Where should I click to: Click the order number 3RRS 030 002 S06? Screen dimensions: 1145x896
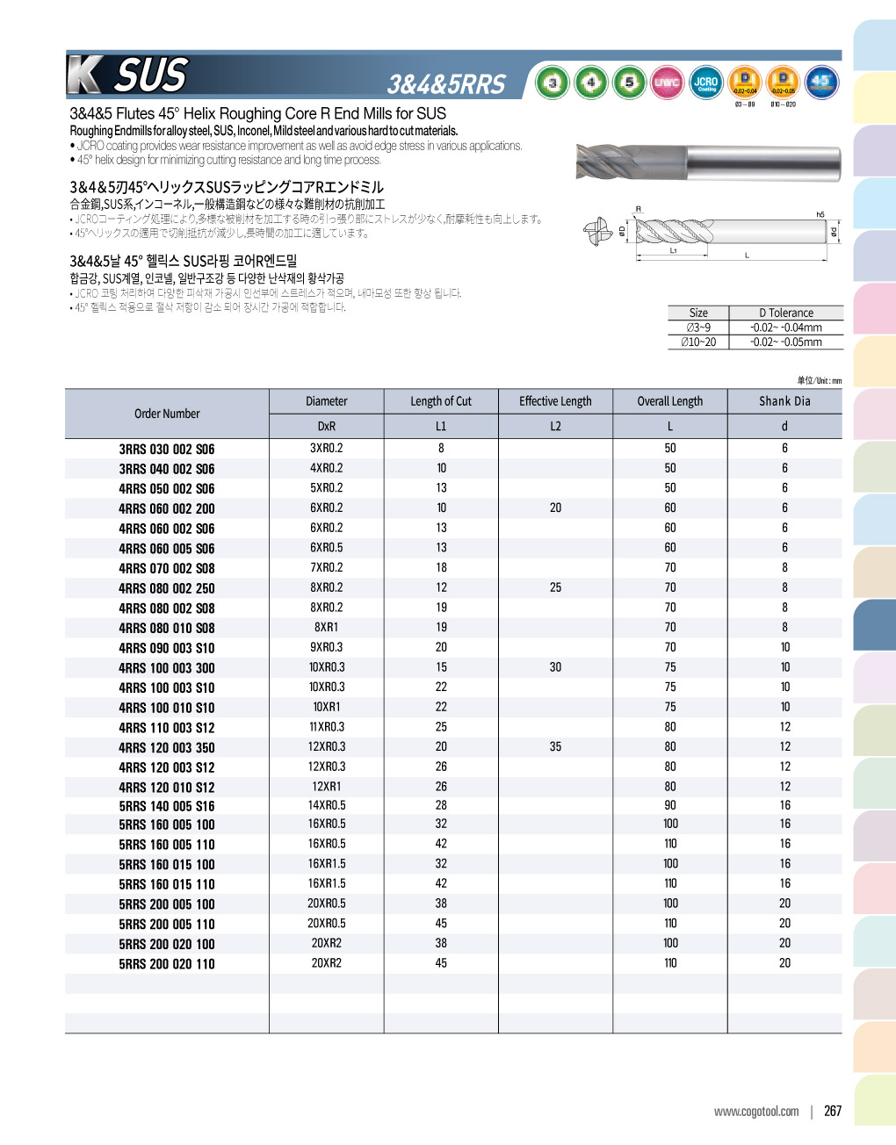point(167,449)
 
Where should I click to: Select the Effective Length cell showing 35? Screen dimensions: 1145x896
point(555,747)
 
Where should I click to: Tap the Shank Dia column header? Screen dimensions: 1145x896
point(784,401)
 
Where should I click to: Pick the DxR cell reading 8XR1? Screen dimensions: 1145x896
point(326,628)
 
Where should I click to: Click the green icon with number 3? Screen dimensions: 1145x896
point(553,83)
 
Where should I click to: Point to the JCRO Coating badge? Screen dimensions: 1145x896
point(706,83)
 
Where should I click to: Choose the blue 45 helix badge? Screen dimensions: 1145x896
point(821,83)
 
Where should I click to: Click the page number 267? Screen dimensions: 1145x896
point(833,1111)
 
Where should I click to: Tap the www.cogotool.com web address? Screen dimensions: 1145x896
point(756,1112)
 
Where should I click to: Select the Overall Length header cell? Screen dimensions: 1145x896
point(670,401)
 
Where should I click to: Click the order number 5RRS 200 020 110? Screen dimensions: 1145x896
point(167,964)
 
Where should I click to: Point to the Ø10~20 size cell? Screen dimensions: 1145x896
point(698,342)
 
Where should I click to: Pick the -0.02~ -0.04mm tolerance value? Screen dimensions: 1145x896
point(786,328)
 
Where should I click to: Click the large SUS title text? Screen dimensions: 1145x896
point(151,76)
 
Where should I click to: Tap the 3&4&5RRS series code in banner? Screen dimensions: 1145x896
point(446,84)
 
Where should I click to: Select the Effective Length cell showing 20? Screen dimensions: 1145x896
point(555,508)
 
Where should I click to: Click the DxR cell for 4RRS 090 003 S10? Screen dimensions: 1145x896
point(326,648)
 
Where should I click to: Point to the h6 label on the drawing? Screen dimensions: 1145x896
point(820,214)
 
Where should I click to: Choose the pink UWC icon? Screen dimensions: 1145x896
point(668,83)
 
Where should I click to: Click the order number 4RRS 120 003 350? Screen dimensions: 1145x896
point(167,748)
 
